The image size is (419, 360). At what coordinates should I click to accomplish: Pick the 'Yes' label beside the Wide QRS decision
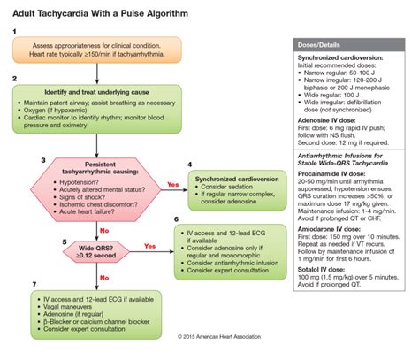(x=150, y=245)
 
